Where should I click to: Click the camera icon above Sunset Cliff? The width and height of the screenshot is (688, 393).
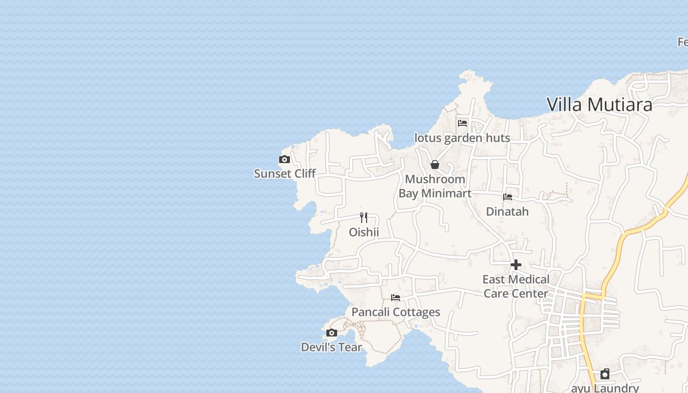tap(284, 159)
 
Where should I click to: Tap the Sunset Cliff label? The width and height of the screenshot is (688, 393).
tap(285, 173)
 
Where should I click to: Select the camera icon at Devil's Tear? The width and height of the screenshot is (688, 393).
tap(332, 333)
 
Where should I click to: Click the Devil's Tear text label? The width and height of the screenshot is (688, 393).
tap(331, 347)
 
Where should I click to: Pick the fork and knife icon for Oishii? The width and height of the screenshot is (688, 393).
tap(364, 217)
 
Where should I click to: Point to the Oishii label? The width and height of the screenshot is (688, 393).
tap(364, 232)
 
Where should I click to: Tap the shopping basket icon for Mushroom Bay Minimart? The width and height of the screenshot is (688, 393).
tap(434, 165)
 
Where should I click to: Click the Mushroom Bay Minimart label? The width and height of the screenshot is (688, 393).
tap(435, 186)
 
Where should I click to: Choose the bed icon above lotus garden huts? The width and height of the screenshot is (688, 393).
tap(462, 123)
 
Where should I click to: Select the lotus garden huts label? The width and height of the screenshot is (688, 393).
tap(462, 138)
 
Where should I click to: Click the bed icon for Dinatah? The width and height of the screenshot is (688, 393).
tap(508, 197)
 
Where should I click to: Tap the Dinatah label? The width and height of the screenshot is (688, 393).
tap(507, 212)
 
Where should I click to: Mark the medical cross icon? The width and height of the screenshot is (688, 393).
tap(516, 265)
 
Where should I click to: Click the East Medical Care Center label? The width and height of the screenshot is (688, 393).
tap(516, 286)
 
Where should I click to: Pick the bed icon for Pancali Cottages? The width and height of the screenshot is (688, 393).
tap(396, 297)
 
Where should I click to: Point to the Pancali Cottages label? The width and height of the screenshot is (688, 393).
tap(396, 312)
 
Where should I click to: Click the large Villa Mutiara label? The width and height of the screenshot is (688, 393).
tap(600, 104)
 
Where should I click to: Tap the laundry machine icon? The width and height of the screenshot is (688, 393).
tap(605, 374)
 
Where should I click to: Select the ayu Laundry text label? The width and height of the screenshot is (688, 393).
tap(605, 388)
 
